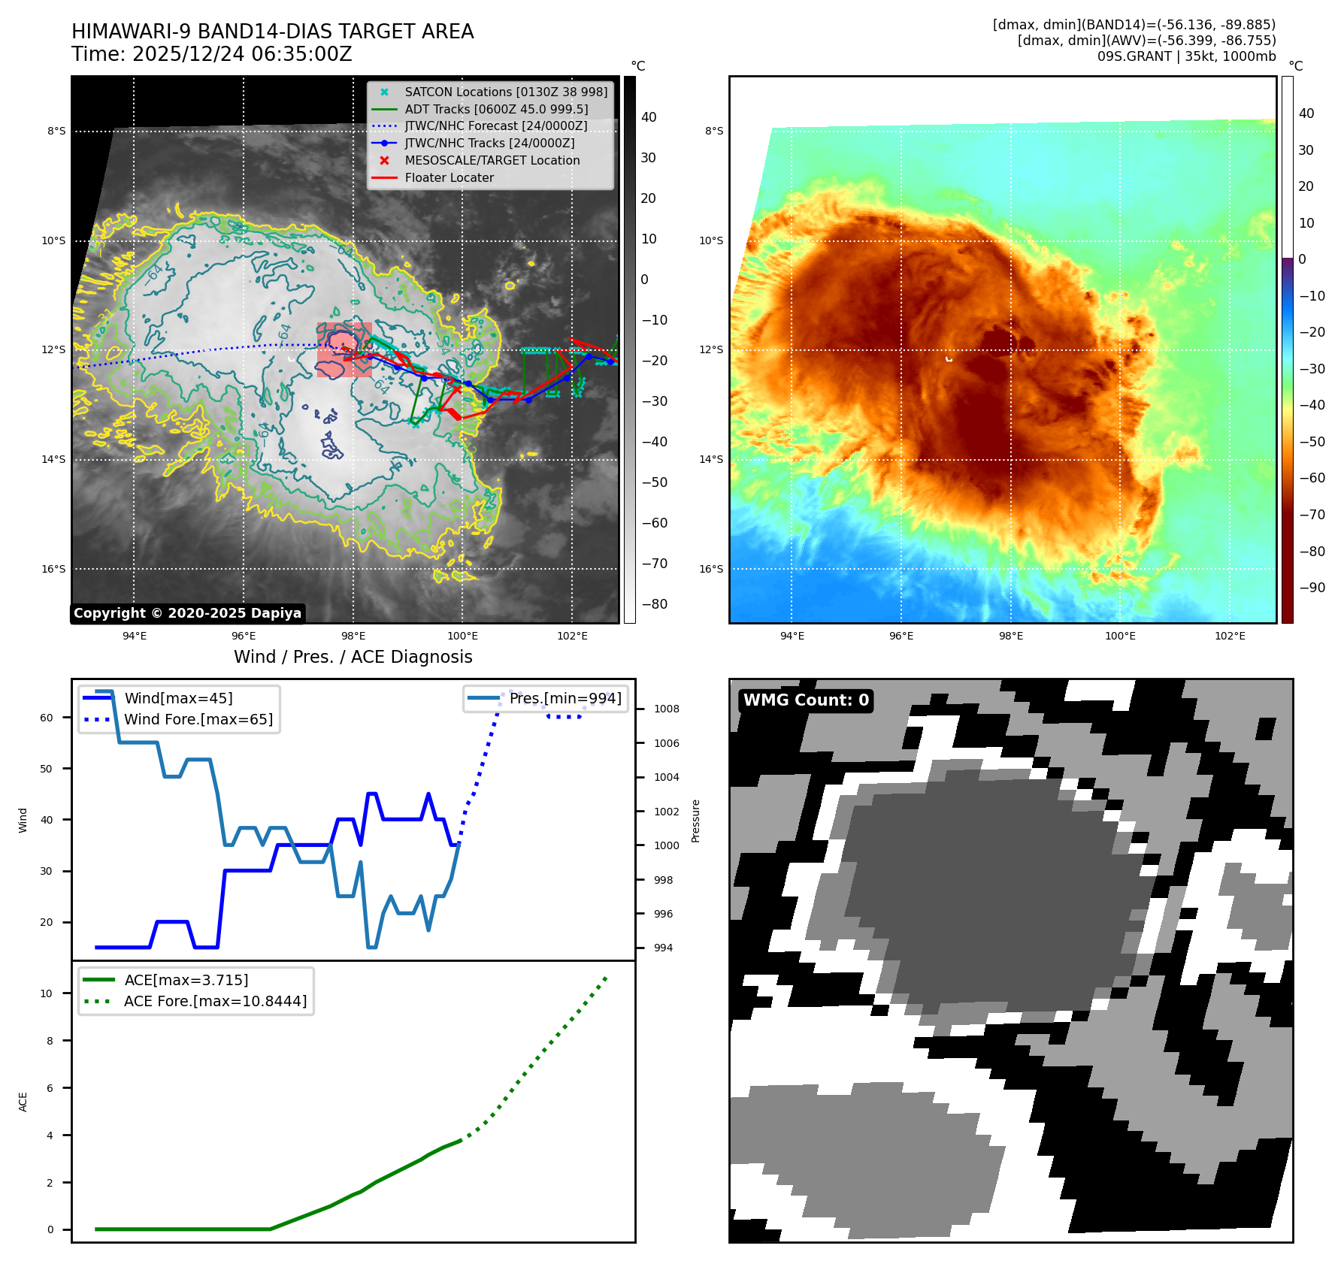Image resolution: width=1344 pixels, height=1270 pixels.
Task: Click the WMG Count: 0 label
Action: click(806, 700)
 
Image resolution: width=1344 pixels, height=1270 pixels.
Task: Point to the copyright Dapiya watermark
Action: click(187, 613)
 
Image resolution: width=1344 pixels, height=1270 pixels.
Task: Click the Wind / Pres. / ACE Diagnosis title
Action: click(353, 657)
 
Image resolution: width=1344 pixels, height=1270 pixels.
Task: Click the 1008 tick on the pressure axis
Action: click(666, 709)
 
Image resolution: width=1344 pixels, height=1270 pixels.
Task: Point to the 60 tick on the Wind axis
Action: click(47, 718)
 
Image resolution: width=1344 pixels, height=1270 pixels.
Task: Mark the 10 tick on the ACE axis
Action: click(47, 993)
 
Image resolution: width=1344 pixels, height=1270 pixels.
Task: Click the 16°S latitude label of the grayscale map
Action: click(53, 569)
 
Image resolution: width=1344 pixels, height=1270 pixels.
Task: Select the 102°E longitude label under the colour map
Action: click(1230, 636)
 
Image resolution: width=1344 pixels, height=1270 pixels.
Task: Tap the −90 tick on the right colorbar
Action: click(1312, 588)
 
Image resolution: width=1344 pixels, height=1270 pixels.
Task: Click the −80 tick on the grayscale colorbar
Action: click(654, 604)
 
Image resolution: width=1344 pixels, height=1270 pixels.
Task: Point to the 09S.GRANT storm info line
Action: click(1186, 56)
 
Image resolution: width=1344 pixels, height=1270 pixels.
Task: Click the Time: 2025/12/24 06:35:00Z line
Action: click(211, 54)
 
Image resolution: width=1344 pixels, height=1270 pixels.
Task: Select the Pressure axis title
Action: click(696, 821)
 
